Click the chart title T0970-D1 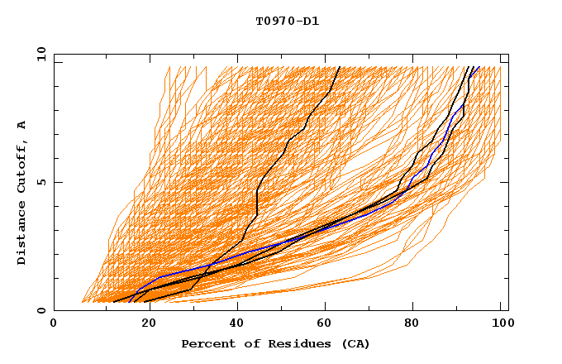(x=288, y=21)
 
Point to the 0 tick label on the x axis (x=54, y=325)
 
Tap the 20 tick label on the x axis (x=143, y=325)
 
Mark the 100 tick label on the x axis (x=500, y=325)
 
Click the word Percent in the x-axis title (x=207, y=343)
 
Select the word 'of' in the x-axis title (x=247, y=343)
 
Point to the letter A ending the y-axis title (x=22, y=125)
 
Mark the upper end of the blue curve (x=479, y=67)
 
